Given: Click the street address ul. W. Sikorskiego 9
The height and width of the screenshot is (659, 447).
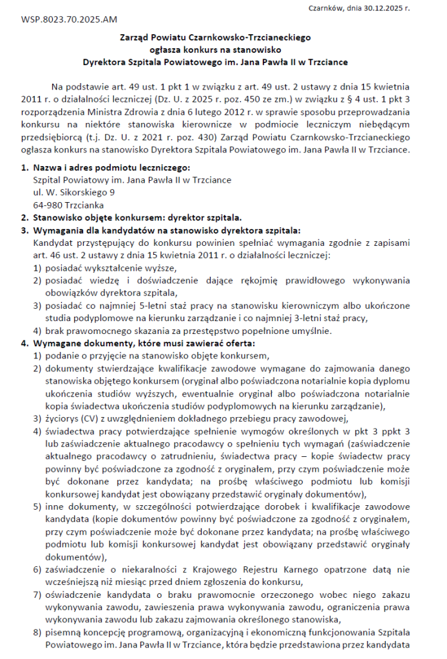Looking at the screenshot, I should tap(74, 192).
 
